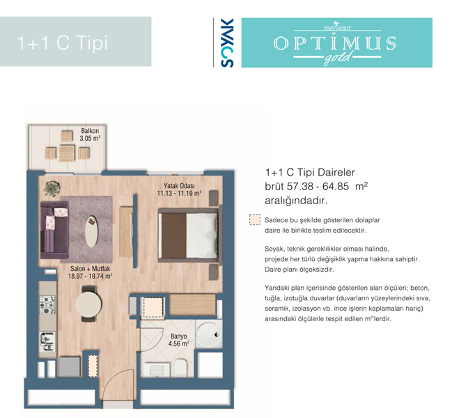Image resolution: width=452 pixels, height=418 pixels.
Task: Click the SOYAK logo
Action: [x=227, y=42]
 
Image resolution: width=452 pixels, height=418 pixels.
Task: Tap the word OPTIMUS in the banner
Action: [x=335, y=43]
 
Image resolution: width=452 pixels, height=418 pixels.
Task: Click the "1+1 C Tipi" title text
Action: [x=63, y=42]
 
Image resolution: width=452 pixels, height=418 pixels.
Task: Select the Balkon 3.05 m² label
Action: [x=90, y=134]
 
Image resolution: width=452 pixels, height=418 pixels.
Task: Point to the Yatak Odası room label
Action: [x=179, y=186]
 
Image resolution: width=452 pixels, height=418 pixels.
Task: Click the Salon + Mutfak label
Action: [x=91, y=269]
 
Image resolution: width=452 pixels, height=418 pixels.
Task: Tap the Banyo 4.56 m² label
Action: [x=179, y=340]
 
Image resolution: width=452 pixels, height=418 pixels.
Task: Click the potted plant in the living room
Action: [x=52, y=189]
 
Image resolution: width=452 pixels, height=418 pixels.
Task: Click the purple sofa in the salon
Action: [x=54, y=230]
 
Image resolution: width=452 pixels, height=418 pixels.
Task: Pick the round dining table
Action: [x=88, y=304]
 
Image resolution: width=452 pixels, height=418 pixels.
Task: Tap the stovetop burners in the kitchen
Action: [x=47, y=305]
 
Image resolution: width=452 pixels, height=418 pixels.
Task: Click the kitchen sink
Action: [x=47, y=342]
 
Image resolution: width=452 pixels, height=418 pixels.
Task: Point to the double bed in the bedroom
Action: [x=188, y=235]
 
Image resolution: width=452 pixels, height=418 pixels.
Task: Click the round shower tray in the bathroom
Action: [x=209, y=334]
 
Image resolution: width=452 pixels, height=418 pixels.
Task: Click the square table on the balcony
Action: [x=67, y=153]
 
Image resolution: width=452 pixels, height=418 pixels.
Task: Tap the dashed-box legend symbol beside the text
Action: [x=255, y=219]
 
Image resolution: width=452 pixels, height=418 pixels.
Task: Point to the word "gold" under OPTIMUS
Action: [x=338, y=59]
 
